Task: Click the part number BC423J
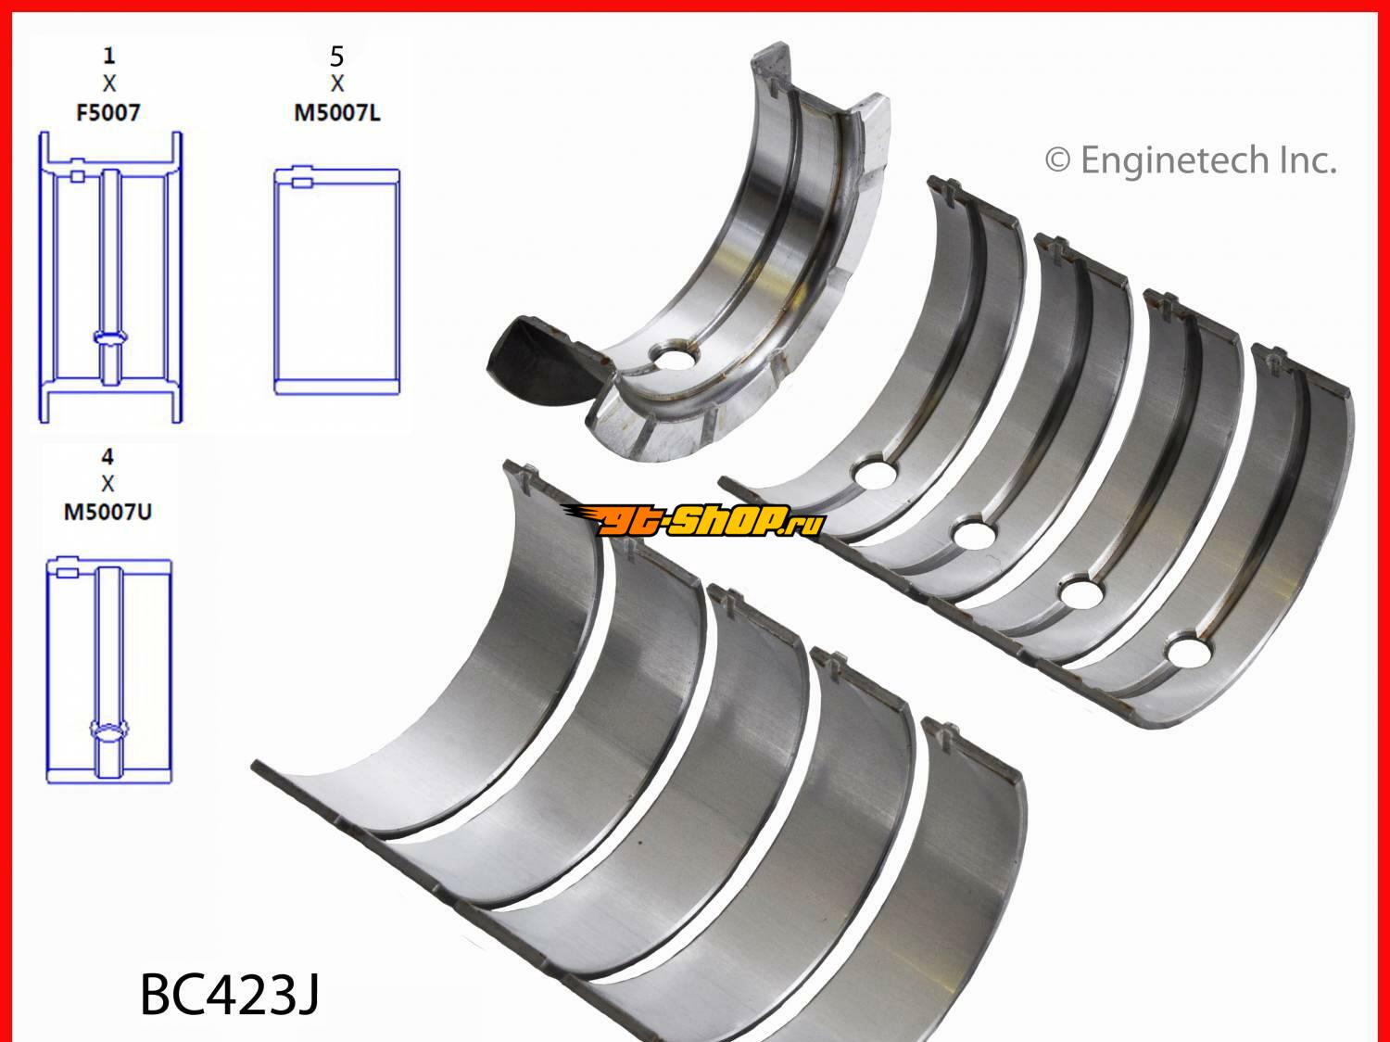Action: pyautogui.click(x=229, y=995)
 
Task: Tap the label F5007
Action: pyautogui.click(x=107, y=113)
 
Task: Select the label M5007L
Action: pyautogui.click(x=337, y=113)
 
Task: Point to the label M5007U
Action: pyautogui.click(x=107, y=512)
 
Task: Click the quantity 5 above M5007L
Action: pyautogui.click(x=337, y=57)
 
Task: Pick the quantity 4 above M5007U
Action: pyautogui.click(x=107, y=457)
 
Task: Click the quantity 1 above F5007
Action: pyautogui.click(x=109, y=56)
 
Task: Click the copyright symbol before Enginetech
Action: pyautogui.click(x=1057, y=160)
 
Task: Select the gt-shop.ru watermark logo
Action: pyautogui.click(x=693, y=521)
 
